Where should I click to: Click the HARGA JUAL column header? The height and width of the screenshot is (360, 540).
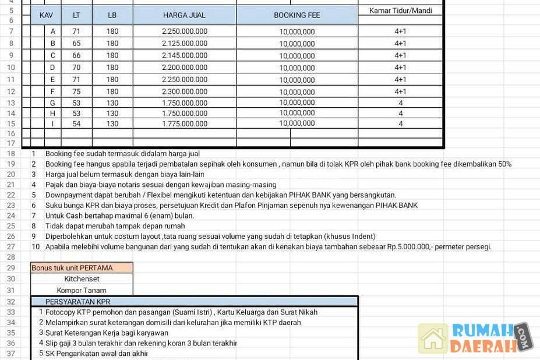184,15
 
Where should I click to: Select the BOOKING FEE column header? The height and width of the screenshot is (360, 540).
297,15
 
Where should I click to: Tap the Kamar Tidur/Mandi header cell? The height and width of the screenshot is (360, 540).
400,10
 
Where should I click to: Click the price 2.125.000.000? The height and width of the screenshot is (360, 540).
184,43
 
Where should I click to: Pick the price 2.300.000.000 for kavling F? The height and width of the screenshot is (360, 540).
184,91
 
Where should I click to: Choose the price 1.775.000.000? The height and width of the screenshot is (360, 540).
184,123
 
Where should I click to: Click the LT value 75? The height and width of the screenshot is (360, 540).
76,91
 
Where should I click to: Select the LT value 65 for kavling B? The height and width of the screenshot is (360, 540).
76,43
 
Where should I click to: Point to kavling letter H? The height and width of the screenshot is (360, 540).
53,113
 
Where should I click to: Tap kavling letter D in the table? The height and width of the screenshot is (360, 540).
53,68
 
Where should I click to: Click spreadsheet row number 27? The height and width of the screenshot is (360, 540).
10,246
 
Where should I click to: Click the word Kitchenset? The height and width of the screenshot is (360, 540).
82,279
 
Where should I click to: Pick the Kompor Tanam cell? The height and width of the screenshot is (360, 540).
82,290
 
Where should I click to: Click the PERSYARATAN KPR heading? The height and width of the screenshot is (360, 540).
77,302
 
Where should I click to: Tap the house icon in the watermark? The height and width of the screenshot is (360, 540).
433,338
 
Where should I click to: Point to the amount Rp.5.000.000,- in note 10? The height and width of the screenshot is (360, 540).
415,246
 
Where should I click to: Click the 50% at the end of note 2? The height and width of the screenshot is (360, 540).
504,164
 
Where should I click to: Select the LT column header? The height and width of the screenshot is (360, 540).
76,15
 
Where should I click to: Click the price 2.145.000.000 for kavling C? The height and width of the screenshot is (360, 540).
184,55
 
